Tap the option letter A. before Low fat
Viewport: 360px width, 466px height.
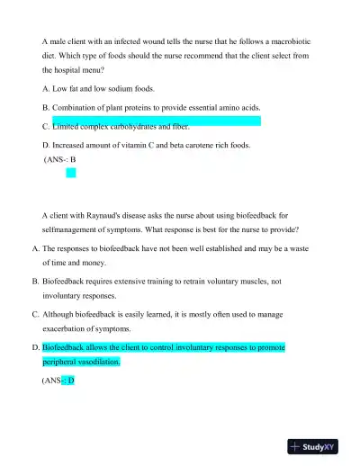click(x=47, y=88)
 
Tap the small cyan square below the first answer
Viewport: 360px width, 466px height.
click(x=71, y=172)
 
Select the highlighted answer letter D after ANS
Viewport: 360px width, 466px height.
click(x=71, y=381)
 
